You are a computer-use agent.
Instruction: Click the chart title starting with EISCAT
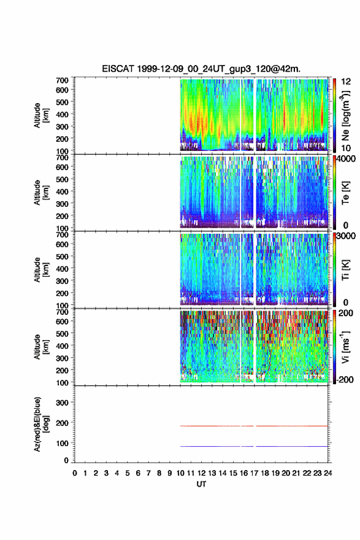click(x=201, y=69)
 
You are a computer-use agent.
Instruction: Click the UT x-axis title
click(x=201, y=484)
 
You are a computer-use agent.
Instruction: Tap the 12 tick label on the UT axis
click(x=201, y=473)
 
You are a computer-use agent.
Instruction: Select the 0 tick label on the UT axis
click(x=75, y=473)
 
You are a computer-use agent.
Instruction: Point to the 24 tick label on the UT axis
click(x=327, y=473)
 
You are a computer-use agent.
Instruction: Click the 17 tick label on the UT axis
click(x=254, y=473)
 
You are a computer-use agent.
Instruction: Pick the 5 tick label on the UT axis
click(x=128, y=473)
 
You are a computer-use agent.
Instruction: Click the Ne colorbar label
click(x=345, y=116)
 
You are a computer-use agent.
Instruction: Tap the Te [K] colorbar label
click(x=345, y=193)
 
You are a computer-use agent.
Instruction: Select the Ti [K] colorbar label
click(x=345, y=270)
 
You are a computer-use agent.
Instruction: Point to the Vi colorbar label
click(x=345, y=347)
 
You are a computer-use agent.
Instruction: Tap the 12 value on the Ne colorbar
click(x=346, y=82)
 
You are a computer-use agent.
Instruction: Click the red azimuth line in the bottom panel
click(x=254, y=426)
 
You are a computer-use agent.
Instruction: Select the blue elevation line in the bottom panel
click(x=254, y=446)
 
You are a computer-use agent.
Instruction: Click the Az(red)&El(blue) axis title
click(x=40, y=424)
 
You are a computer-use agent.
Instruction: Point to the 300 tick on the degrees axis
click(x=62, y=403)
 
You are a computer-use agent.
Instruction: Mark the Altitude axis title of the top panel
click(x=40, y=115)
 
